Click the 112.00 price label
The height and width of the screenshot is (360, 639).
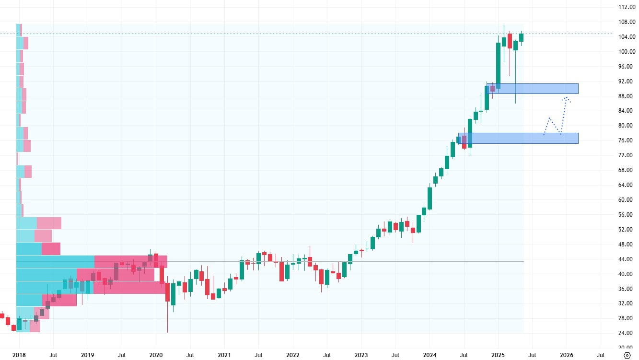pos(627,7)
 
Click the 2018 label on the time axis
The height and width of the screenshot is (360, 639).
pos(19,355)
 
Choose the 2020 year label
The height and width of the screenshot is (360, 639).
pos(156,355)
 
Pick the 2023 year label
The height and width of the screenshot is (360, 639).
pos(361,355)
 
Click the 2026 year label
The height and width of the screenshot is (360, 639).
pos(567,355)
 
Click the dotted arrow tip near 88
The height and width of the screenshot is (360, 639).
pos(567,97)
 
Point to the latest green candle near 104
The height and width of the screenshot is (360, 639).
pos(521,37)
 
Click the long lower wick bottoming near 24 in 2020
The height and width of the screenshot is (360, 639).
pos(167,321)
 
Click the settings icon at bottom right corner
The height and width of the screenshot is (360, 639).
pos(627,355)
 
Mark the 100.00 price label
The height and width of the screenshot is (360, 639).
pos(627,52)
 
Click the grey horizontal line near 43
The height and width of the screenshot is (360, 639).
pos(336,261)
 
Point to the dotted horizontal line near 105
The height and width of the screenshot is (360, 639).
pos(288,34)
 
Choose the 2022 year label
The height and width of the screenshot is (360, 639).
pos(292,355)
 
